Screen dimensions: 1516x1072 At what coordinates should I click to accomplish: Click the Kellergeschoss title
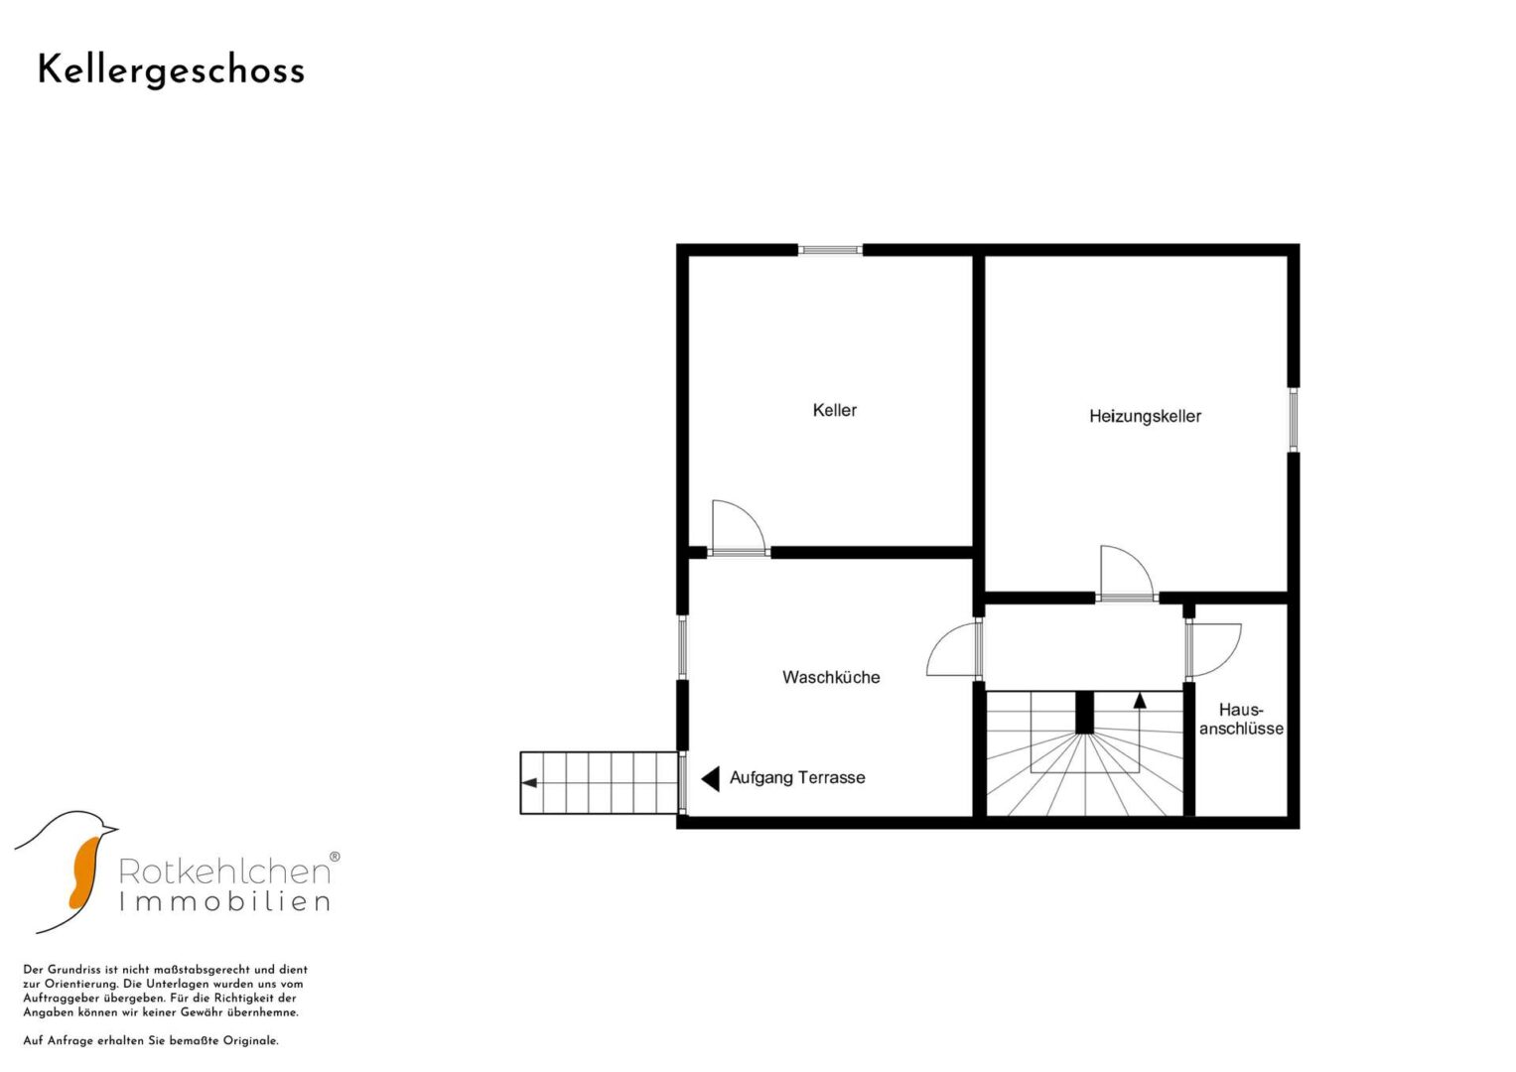pyautogui.click(x=171, y=71)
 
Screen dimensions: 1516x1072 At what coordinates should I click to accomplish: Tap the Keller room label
pyautogui.click(x=835, y=410)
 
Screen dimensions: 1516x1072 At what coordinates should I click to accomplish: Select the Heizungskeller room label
pyautogui.click(x=1145, y=416)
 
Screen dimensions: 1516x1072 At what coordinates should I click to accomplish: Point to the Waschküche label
pyautogui.click(x=831, y=677)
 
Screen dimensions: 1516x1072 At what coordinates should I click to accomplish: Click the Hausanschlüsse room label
pyautogui.click(x=1241, y=720)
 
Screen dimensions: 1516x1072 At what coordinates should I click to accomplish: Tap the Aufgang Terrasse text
pyautogui.click(x=797, y=777)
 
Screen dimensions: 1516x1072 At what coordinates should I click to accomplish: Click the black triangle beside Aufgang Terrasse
pyautogui.click(x=710, y=779)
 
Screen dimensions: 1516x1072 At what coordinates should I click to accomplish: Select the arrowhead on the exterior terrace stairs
pyautogui.click(x=529, y=783)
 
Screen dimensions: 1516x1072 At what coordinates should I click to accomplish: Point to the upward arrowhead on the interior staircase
pyautogui.click(x=1140, y=701)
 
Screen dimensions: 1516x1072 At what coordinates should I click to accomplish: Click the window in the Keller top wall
pyautogui.click(x=830, y=250)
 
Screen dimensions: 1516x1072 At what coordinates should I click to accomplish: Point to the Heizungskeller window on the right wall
pyautogui.click(x=1294, y=420)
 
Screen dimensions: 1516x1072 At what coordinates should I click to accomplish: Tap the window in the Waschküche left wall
pyautogui.click(x=682, y=647)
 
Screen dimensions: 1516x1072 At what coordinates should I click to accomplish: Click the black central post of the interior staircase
pyautogui.click(x=1085, y=713)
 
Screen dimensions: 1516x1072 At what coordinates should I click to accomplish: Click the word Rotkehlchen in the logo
pyautogui.click(x=224, y=871)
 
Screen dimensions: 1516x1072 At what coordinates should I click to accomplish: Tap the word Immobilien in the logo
pyautogui.click(x=224, y=902)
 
